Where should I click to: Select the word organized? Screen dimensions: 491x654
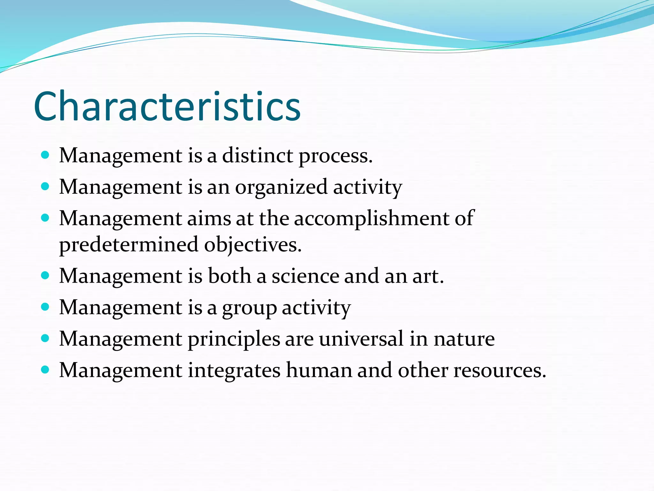click(x=281, y=187)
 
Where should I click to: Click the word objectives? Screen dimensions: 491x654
click(x=252, y=245)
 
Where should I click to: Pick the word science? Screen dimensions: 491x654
click(x=305, y=276)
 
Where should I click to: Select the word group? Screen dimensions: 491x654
click(x=249, y=308)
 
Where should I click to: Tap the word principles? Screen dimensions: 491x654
click(x=234, y=339)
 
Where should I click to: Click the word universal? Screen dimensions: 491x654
click(x=361, y=339)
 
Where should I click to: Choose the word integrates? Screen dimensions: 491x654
click(x=234, y=370)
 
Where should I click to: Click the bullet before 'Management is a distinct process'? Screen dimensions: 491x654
click(x=45, y=155)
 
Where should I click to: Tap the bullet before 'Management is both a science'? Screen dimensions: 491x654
click(x=45, y=276)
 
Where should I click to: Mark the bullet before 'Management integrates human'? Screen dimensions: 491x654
click(x=45, y=370)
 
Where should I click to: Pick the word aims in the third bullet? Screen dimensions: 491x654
click(x=209, y=219)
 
